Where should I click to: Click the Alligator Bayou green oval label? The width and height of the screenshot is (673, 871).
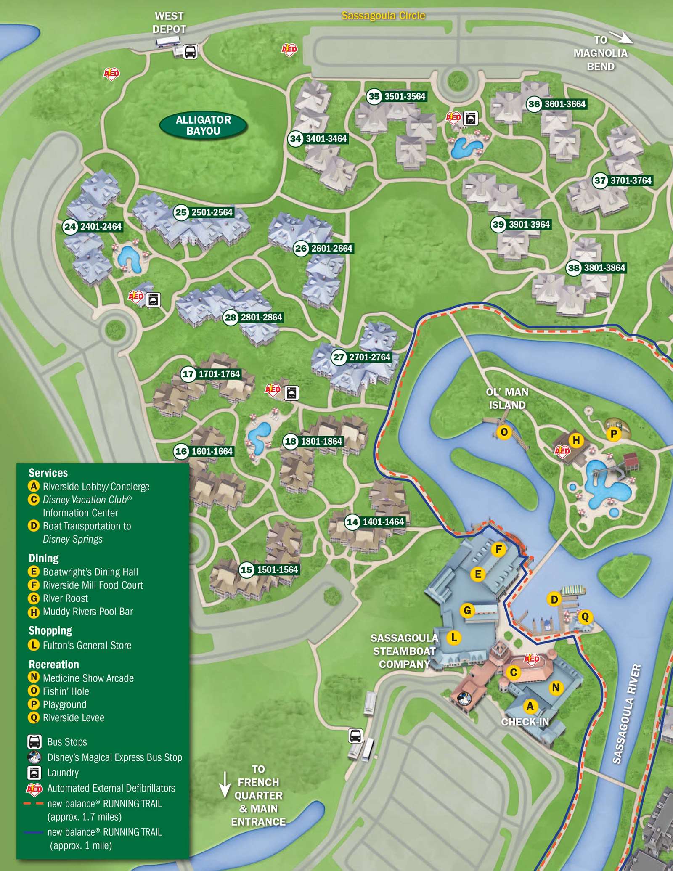(203, 125)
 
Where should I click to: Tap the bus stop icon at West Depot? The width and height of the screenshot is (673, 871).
(190, 52)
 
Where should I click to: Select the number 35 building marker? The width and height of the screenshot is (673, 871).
(374, 96)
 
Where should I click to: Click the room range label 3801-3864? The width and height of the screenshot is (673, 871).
(604, 268)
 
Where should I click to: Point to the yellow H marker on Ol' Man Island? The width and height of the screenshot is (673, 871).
(576, 440)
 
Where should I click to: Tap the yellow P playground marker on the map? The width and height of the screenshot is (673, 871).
(614, 434)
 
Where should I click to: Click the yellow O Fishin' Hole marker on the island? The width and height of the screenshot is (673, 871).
(504, 432)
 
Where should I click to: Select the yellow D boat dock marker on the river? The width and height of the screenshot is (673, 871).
(554, 599)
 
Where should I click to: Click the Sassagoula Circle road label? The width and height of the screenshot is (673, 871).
(383, 16)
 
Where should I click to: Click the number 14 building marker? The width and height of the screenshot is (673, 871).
(352, 522)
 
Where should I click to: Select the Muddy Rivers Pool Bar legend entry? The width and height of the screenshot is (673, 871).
(87, 612)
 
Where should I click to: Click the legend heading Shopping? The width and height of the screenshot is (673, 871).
(50, 630)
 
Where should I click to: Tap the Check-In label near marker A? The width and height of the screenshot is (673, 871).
(525, 722)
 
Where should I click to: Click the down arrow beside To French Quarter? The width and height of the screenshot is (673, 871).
(225, 785)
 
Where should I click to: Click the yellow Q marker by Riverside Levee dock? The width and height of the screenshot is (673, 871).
(585, 617)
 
